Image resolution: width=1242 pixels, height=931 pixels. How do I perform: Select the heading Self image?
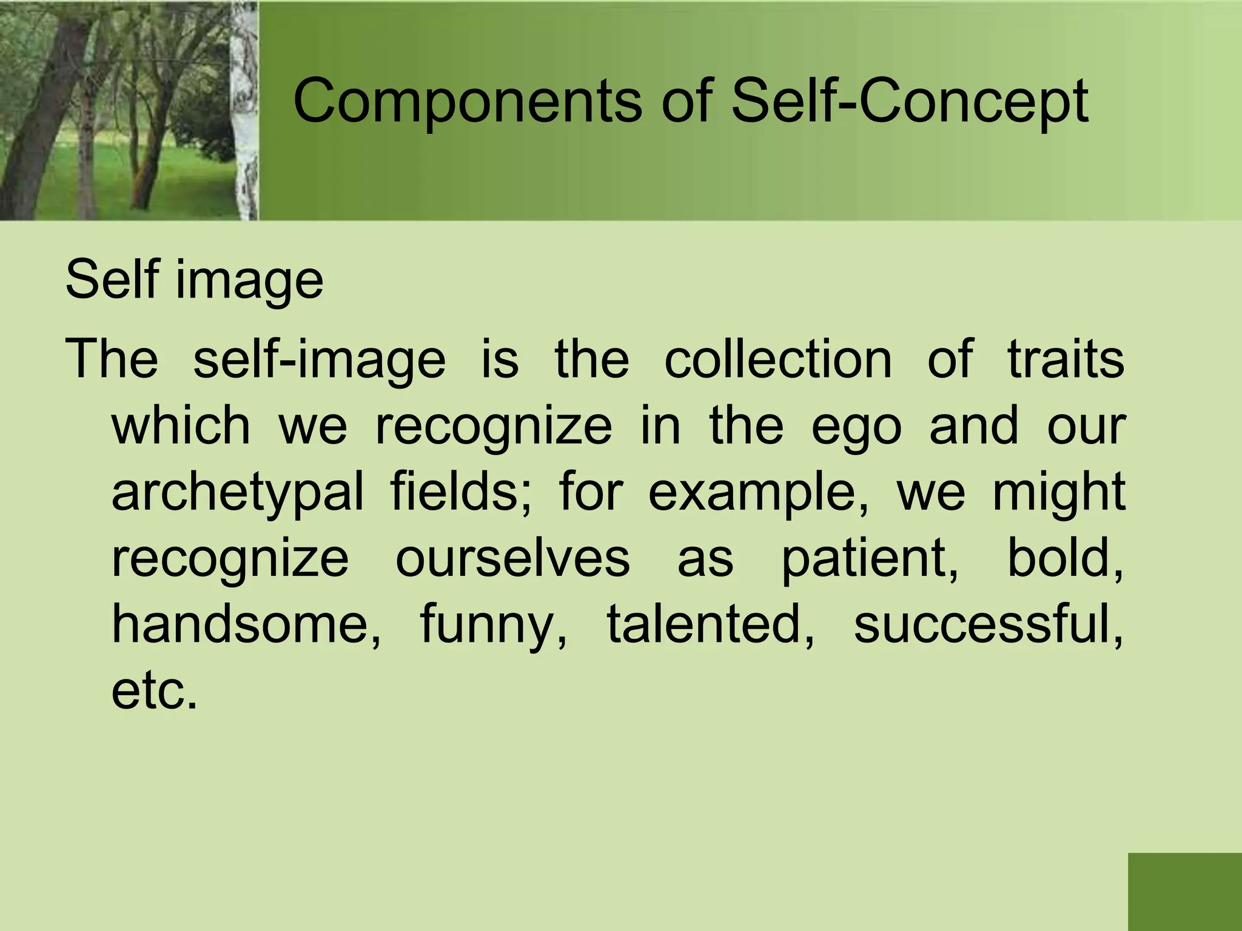(x=194, y=280)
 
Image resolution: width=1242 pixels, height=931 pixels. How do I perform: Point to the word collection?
(x=778, y=359)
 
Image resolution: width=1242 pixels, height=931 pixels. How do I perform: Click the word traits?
(x=1066, y=359)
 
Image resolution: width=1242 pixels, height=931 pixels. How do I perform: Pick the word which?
(x=181, y=425)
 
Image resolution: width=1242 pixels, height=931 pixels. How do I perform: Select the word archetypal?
(x=238, y=492)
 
